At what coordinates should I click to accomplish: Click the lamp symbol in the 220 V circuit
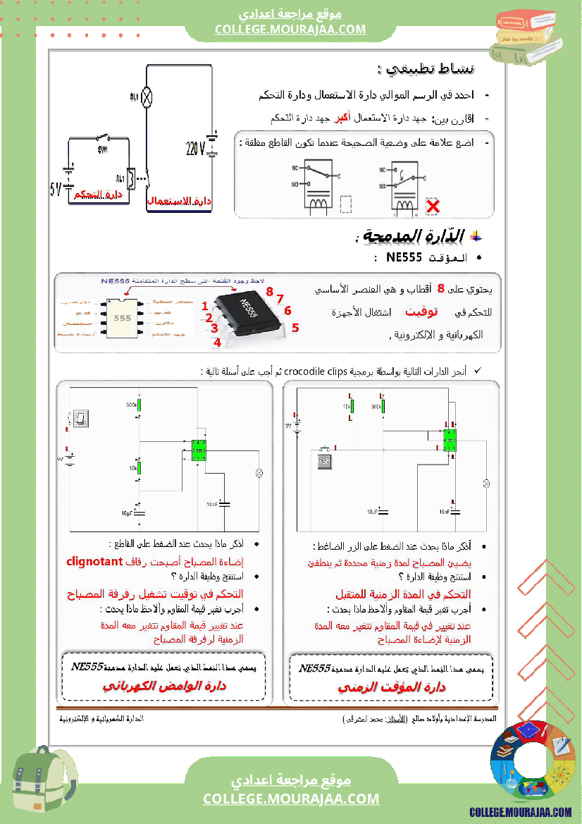click(x=147, y=97)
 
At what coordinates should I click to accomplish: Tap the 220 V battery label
click(x=195, y=149)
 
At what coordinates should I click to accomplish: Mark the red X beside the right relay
click(x=433, y=207)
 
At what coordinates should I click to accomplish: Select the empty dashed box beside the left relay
click(x=346, y=204)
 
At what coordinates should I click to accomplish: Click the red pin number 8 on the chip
click(x=269, y=291)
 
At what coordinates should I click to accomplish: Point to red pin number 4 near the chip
click(x=217, y=343)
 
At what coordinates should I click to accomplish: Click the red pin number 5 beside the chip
click(x=295, y=328)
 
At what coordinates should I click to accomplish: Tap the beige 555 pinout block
click(x=123, y=318)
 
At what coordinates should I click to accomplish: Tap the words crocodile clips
click(x=320, y=371)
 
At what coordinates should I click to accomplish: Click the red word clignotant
click(x=96, y=562)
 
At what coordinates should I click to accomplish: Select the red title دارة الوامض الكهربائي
click(x=164, y=686)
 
